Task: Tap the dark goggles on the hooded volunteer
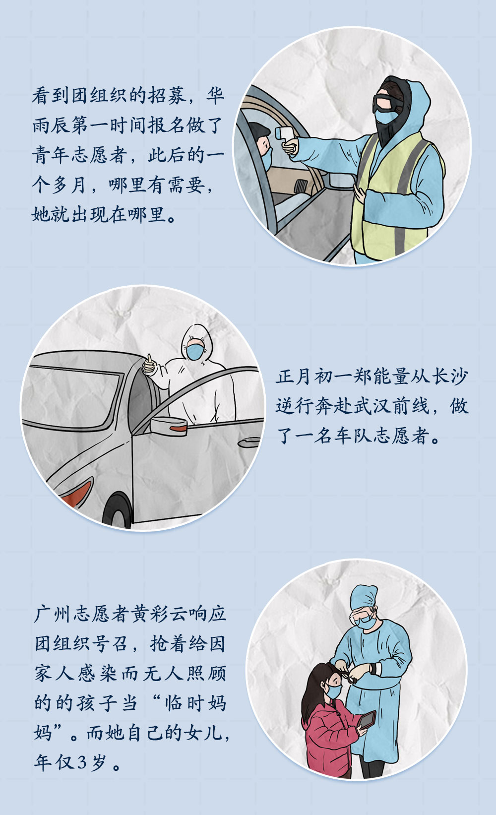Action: (x=387, y=103)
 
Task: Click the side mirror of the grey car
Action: (x=169, y=426)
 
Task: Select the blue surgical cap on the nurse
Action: (x=364, y=597)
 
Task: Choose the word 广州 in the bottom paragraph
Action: (x=53, y=614)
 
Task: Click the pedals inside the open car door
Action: (x=301, y=186)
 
